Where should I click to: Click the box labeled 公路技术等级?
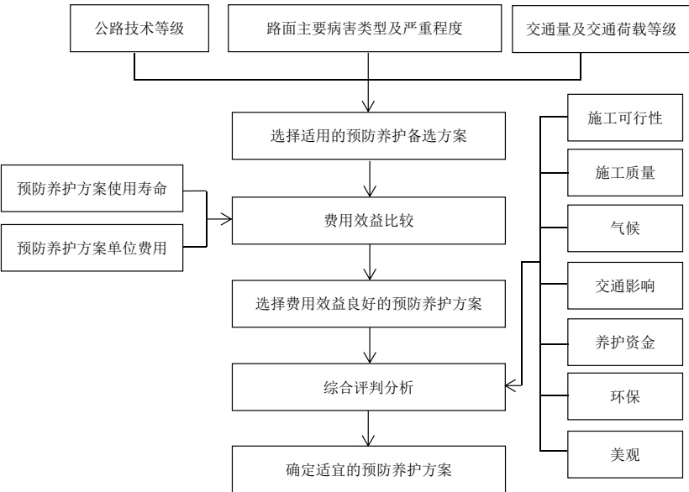click(x=139, y=29)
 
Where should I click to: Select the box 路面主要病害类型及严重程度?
click(x=365, y=29)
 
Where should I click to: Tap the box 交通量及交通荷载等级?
click(x=601, y=29)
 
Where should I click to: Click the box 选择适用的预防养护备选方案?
click(x=369, y=136)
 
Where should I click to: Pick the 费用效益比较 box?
click(x=369, y=220)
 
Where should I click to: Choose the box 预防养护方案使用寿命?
click(x=92, y=188)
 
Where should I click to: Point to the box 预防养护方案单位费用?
click(x=92, y=248)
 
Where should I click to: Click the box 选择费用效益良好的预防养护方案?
click(x=369, y=304)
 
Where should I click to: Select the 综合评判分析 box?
click(x=369, y=387)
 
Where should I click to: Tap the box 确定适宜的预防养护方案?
click(x=369, y=469)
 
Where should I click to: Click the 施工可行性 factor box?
click(x=625, y=118)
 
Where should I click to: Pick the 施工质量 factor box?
click(x=625, y=172)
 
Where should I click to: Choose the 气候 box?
click(x=625, y=228)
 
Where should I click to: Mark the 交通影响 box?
click(x=625, y=285)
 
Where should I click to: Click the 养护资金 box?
click(x=625, y=343)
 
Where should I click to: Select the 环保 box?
click(x=625, y=397)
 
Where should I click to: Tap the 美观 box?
click(x=625, y=454)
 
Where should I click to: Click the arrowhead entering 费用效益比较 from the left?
click(x=226, y=218)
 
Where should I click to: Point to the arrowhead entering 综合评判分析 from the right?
click(x=512, y=385)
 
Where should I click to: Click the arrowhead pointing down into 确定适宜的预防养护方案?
click(x=368, y=440)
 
